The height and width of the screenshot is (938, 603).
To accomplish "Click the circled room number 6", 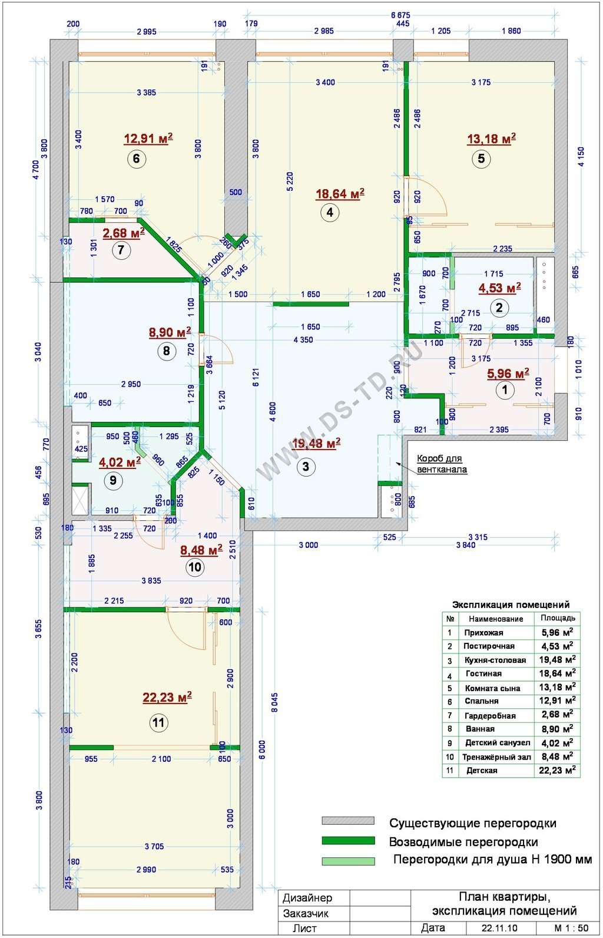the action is pos(136,159).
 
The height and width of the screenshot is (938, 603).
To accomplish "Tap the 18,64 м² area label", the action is pos(340,194).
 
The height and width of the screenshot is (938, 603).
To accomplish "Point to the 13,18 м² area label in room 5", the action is pos(491,138).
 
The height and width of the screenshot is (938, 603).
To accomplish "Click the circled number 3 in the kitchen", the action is pos(306,466).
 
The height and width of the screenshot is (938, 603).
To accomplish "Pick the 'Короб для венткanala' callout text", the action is pos(442,464).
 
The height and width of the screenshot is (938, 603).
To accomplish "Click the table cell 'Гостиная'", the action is pos(483,674).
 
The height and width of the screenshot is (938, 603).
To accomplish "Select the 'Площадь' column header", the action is pos(558,617).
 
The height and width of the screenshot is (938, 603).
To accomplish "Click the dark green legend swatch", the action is pos(348,840).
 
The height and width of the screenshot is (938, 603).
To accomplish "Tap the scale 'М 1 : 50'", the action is pos(571,927).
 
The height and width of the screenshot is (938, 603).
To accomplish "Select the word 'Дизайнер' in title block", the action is pos(307,898).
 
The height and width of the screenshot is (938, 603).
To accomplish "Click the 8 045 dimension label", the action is pos(274,702).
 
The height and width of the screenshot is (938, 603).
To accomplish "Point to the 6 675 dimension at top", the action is pos(400,15).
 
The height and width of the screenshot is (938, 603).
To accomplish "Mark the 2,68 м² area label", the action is pos(124,233).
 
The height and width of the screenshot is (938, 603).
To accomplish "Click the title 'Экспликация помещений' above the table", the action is pos(511,605).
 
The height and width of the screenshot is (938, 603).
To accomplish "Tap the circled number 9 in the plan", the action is pos(112,480).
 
